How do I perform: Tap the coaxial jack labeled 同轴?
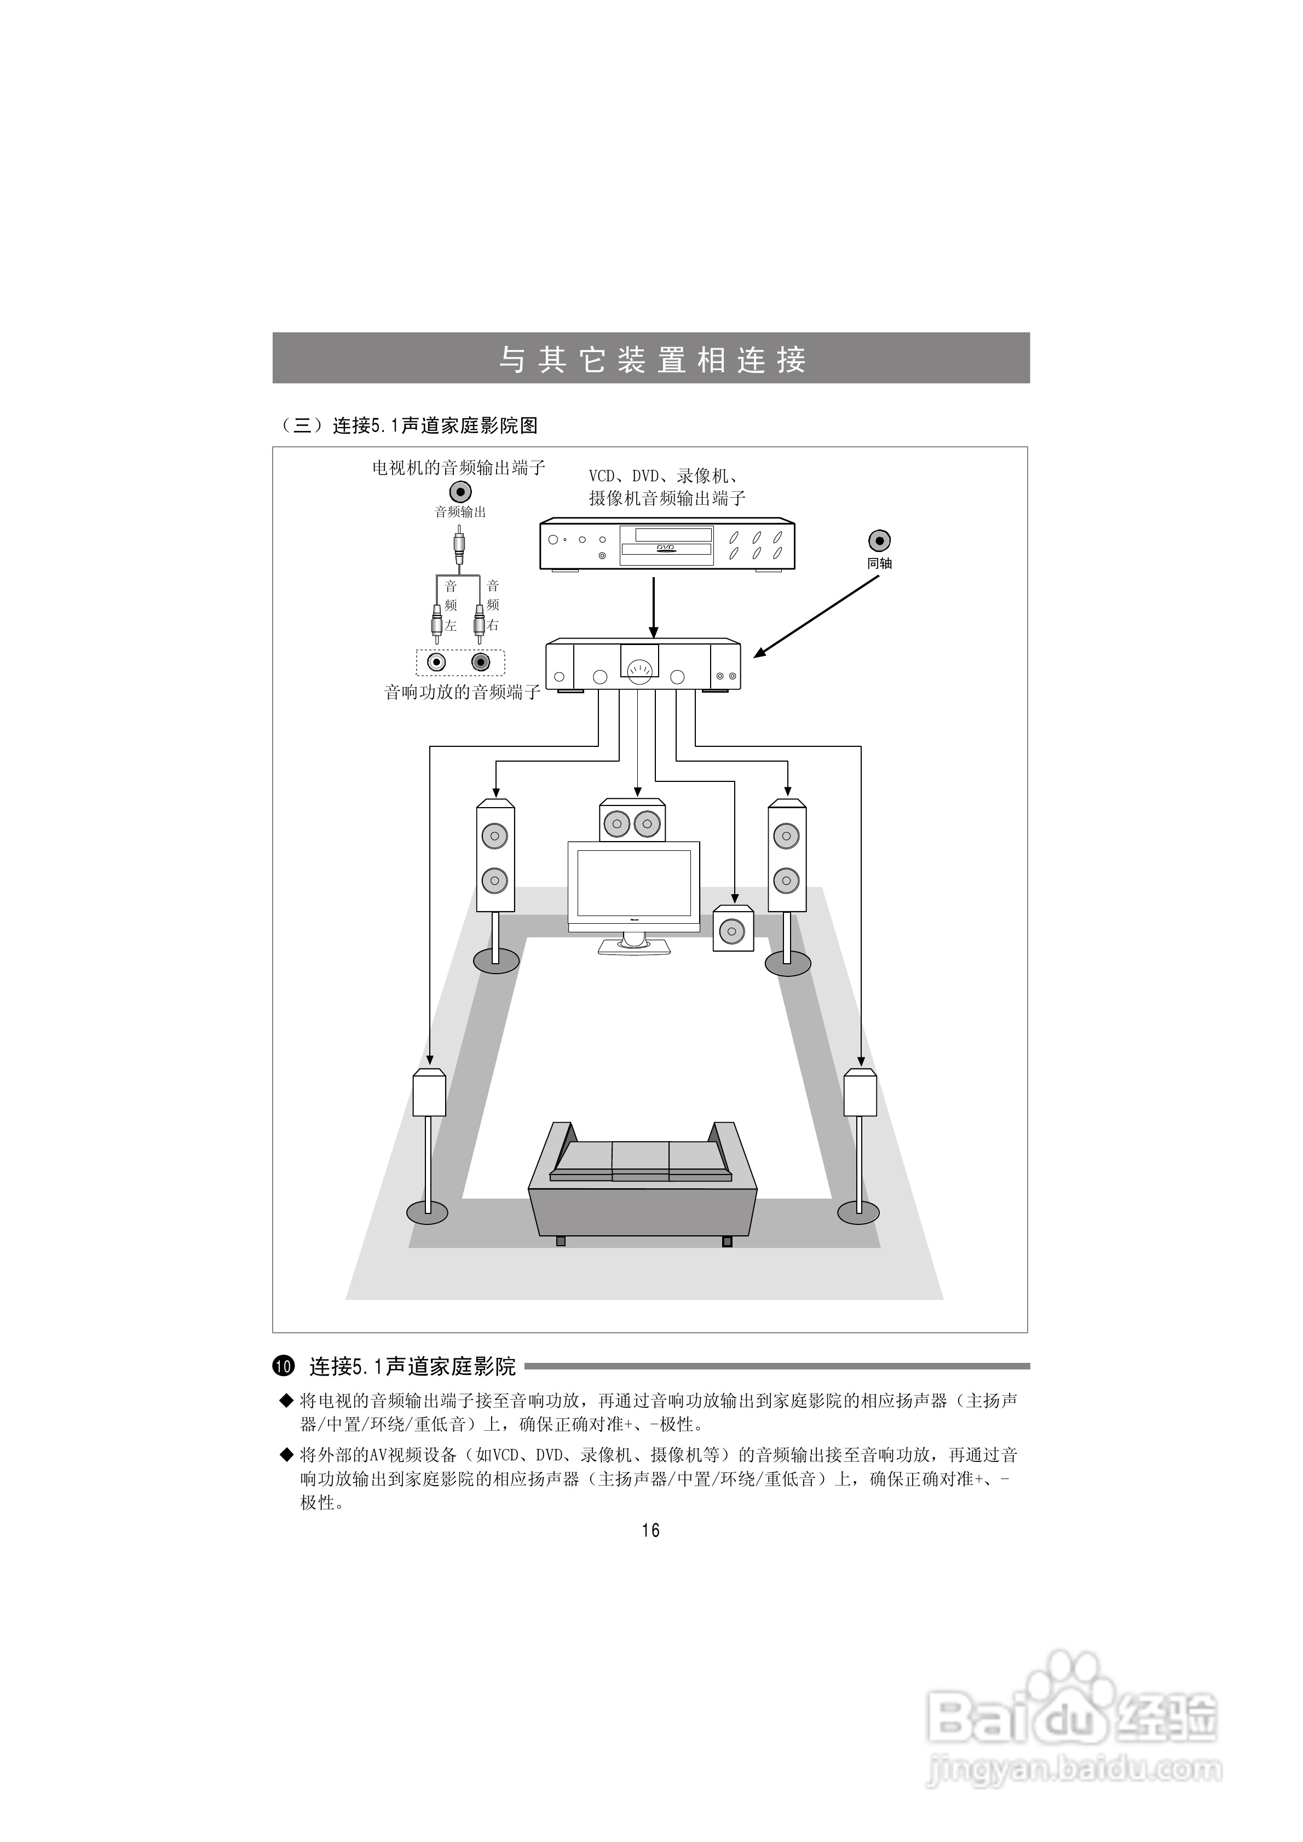879,541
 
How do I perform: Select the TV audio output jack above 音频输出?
460,491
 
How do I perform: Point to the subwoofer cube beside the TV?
733,930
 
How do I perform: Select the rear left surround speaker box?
429,1093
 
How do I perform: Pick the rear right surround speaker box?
860,1093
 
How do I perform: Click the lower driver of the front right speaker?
786,880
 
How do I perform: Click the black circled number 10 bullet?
285,1366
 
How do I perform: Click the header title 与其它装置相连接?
651,359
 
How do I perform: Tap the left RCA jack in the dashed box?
436,663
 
